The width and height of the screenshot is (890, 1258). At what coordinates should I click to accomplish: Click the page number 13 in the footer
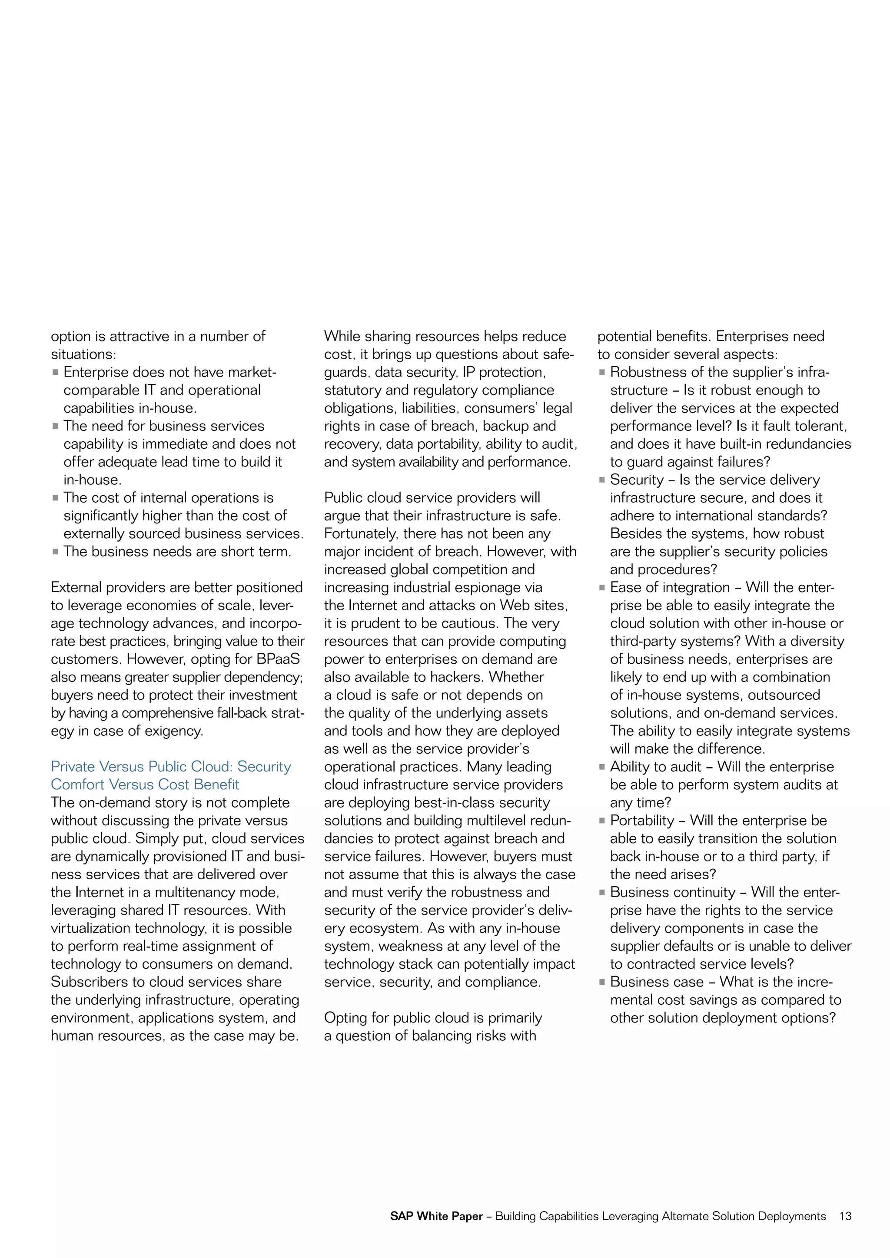click(845, 1216)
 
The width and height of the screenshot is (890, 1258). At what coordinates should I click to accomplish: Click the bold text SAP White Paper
click(436, 1216)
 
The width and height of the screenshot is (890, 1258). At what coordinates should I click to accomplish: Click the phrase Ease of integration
click(670, 587)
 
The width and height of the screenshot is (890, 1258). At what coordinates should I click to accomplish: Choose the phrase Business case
click(657, 982)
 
